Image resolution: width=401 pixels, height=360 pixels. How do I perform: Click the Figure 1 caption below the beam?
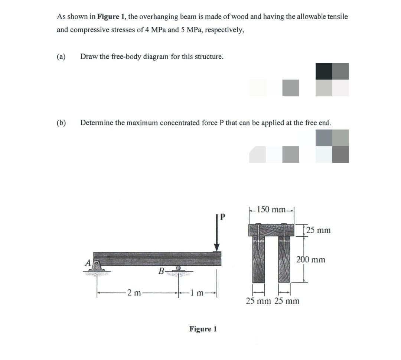pos(203,329)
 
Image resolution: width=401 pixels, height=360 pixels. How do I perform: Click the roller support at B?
pos(179,269)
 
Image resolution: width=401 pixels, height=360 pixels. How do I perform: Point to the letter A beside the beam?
pos(88,263)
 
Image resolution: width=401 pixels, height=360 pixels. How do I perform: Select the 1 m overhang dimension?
pos(196,293)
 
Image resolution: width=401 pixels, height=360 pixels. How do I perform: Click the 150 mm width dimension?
pos(271,209)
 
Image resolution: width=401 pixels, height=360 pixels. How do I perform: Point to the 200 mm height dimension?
pos(311,259)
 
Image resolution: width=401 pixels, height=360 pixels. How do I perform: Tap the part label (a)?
pos(61,56)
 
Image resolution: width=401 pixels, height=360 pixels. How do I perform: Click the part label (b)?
pos(61,123)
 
